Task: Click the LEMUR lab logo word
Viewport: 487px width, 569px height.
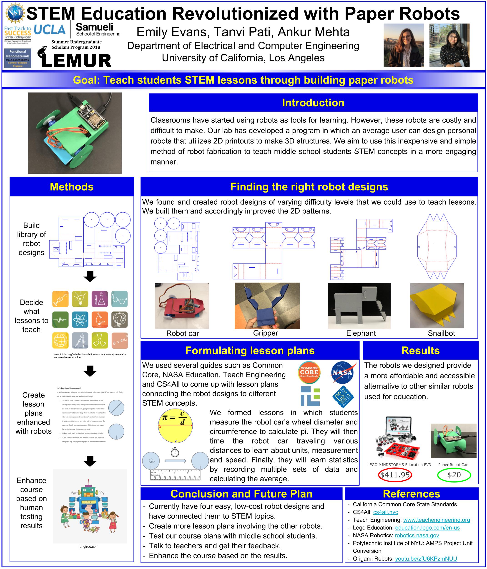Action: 76,61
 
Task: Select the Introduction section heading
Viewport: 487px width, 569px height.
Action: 313,103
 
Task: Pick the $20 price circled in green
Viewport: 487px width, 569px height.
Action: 454,475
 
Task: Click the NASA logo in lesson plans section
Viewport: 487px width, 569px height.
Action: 342,373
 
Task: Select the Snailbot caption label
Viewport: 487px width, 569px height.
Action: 441,333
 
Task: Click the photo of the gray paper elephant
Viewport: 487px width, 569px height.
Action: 359,306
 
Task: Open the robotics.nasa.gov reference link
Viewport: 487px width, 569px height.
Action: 417,535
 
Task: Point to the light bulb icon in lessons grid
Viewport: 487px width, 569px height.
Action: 80,299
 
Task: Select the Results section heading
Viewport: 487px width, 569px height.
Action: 420,351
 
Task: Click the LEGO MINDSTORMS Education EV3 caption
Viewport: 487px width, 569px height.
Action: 399,465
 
